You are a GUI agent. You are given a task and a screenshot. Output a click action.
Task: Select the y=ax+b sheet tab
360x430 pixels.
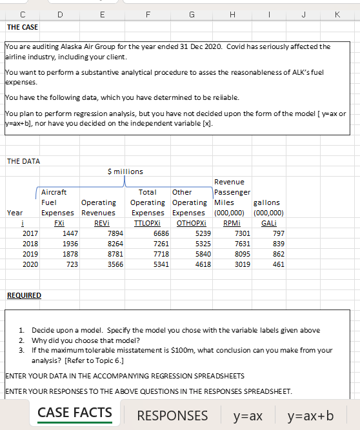click(x=311, y=415)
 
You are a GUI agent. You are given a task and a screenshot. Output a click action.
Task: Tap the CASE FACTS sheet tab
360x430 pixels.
click(x=74, y=413)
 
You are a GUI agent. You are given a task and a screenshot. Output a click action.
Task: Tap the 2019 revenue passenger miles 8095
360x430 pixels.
click(x=239, y=253)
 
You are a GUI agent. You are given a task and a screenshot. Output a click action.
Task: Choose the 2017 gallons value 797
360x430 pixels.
click(x=278, y=233)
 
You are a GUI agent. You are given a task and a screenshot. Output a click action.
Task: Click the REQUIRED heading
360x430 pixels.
click(x=23, y=295)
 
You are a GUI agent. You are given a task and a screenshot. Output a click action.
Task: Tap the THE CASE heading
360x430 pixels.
click(x=22, y=27)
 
